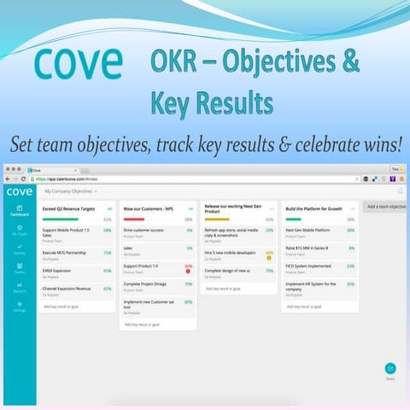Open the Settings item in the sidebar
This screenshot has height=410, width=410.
[x=19, y=307]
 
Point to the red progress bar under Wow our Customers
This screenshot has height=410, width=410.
[x=137, y=220]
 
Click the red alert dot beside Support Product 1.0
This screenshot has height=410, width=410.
[x=188, y=272]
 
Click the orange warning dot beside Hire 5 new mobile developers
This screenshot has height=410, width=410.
[x=269, y=258]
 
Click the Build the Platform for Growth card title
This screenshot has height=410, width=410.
[x=313, y=208]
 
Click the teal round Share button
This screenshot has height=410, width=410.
[x=389, y=368]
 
